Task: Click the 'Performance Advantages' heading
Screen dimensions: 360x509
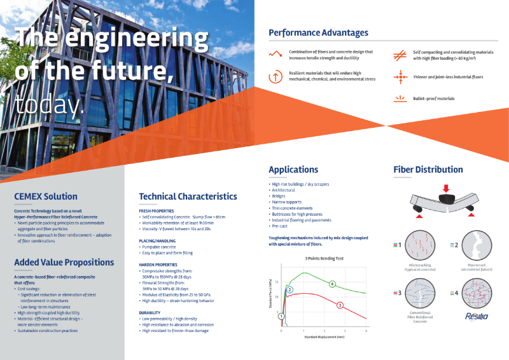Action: (318, 32)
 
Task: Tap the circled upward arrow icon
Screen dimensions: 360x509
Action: (275, 76)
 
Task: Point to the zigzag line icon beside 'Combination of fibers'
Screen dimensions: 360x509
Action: (275, 55)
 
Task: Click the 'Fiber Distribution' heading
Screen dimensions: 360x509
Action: (428, 169)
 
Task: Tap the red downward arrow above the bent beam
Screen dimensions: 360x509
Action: (446, 188)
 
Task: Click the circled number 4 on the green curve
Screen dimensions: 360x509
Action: (332, 284)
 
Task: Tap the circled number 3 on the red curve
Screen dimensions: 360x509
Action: (340, 305)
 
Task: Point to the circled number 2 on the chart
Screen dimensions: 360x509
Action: (289, 290)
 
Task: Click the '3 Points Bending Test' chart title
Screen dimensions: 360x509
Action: (324, 258)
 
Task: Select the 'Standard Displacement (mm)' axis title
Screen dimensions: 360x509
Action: (324, 336)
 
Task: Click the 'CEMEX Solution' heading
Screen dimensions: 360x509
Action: (46, 197)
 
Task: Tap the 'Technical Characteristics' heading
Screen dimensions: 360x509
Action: (188, 197)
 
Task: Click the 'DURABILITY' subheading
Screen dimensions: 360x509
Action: (153, 312)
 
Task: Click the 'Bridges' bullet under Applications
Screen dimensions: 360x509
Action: (279, 197)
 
